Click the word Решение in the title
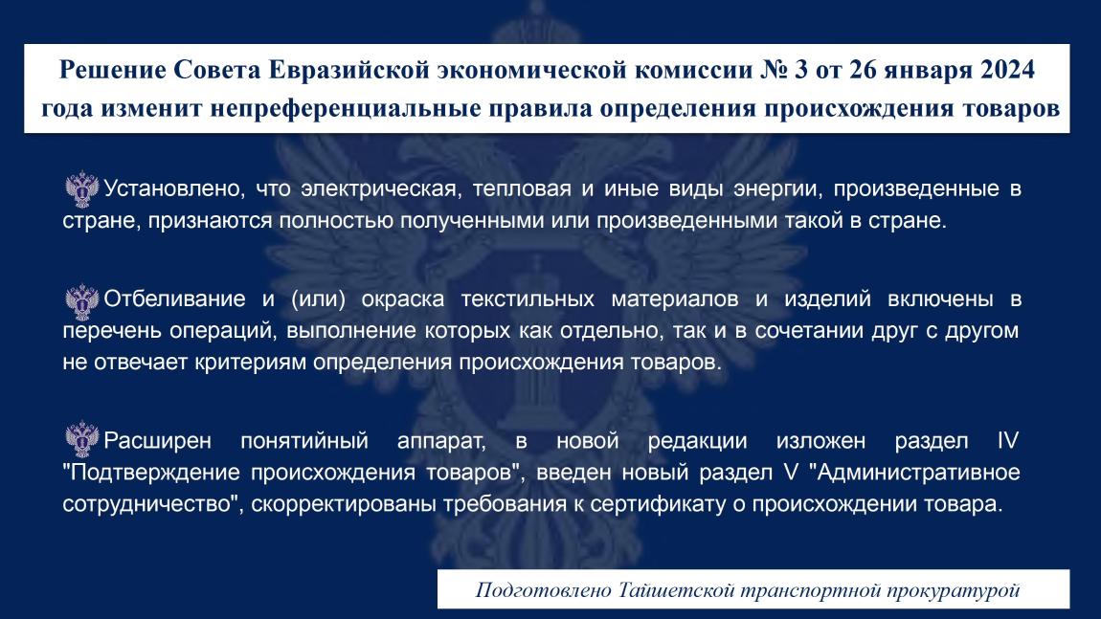click(x=112, y=70)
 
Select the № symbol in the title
click(x=773, y=70)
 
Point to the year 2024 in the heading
click(x=1007, y=70)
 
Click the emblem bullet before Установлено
click(x=82, y=188)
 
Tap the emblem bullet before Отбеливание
click(x=82, y=301)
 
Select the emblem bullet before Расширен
click(x=82, y=439)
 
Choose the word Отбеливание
click(x=175, y=298)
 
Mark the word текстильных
click(x=528, y=298)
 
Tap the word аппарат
click(x=441, y=441)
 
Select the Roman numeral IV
click(x=1007, y=441)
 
